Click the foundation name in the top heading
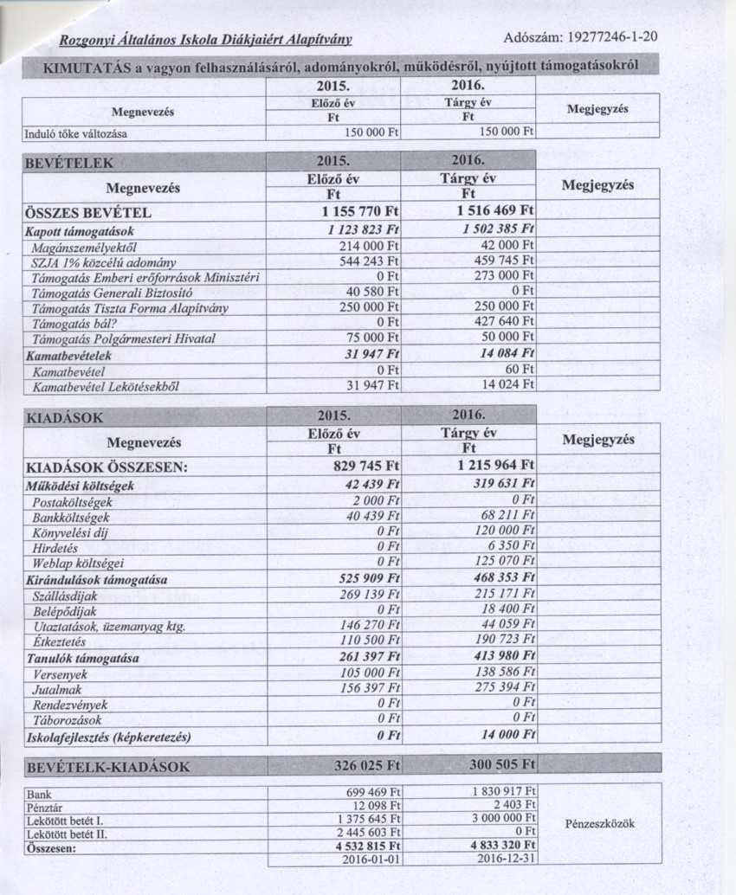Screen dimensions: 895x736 (x=205, y=41)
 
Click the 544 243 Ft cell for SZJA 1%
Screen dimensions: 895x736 (x=364, y=261)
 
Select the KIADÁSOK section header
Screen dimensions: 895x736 (x=66, y=417)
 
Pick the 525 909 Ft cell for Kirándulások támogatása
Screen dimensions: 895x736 (x=367, y=580)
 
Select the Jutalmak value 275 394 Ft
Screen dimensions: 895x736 (x=506, y=688)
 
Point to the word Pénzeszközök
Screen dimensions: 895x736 (x=599, y=823)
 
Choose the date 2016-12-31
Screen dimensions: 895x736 (x=506, y=859)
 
